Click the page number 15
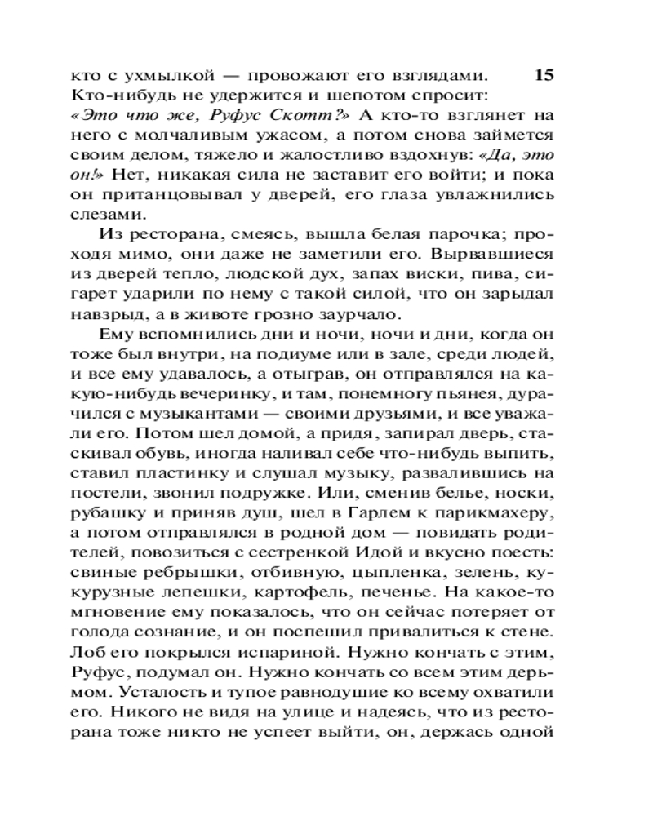tap(544, 76)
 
